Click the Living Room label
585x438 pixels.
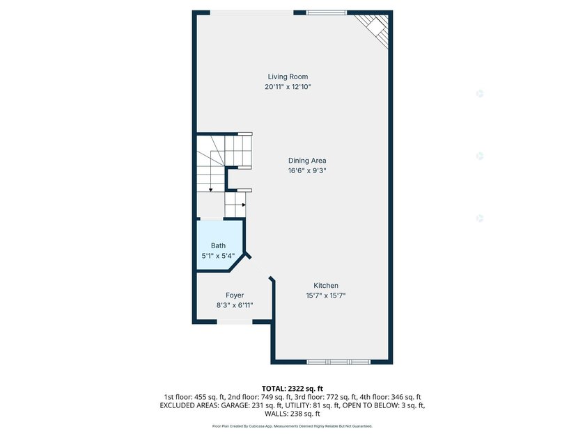[288, 76]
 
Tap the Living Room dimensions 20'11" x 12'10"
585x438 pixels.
[288, 87]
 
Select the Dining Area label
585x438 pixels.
[307, 161]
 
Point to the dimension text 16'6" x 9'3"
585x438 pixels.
[307, 170]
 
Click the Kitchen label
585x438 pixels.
[326, 286]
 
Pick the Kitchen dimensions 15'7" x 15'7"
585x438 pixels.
[326, 295]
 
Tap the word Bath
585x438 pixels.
[218, 246]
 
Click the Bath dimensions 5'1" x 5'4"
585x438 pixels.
[218, 256]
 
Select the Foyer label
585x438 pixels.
[235, 295]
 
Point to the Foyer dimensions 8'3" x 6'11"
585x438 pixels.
[235, 305]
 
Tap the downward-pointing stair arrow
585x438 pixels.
[211, 190]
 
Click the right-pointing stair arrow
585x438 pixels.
[244, 204]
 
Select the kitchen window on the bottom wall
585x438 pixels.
[338, 362]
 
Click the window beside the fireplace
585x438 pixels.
[327, 13]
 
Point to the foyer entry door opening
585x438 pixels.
[235, 321]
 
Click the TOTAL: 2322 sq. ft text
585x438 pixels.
[292, 389]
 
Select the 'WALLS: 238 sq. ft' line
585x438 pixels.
[292, 414]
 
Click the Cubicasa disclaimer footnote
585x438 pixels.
[292, 426]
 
